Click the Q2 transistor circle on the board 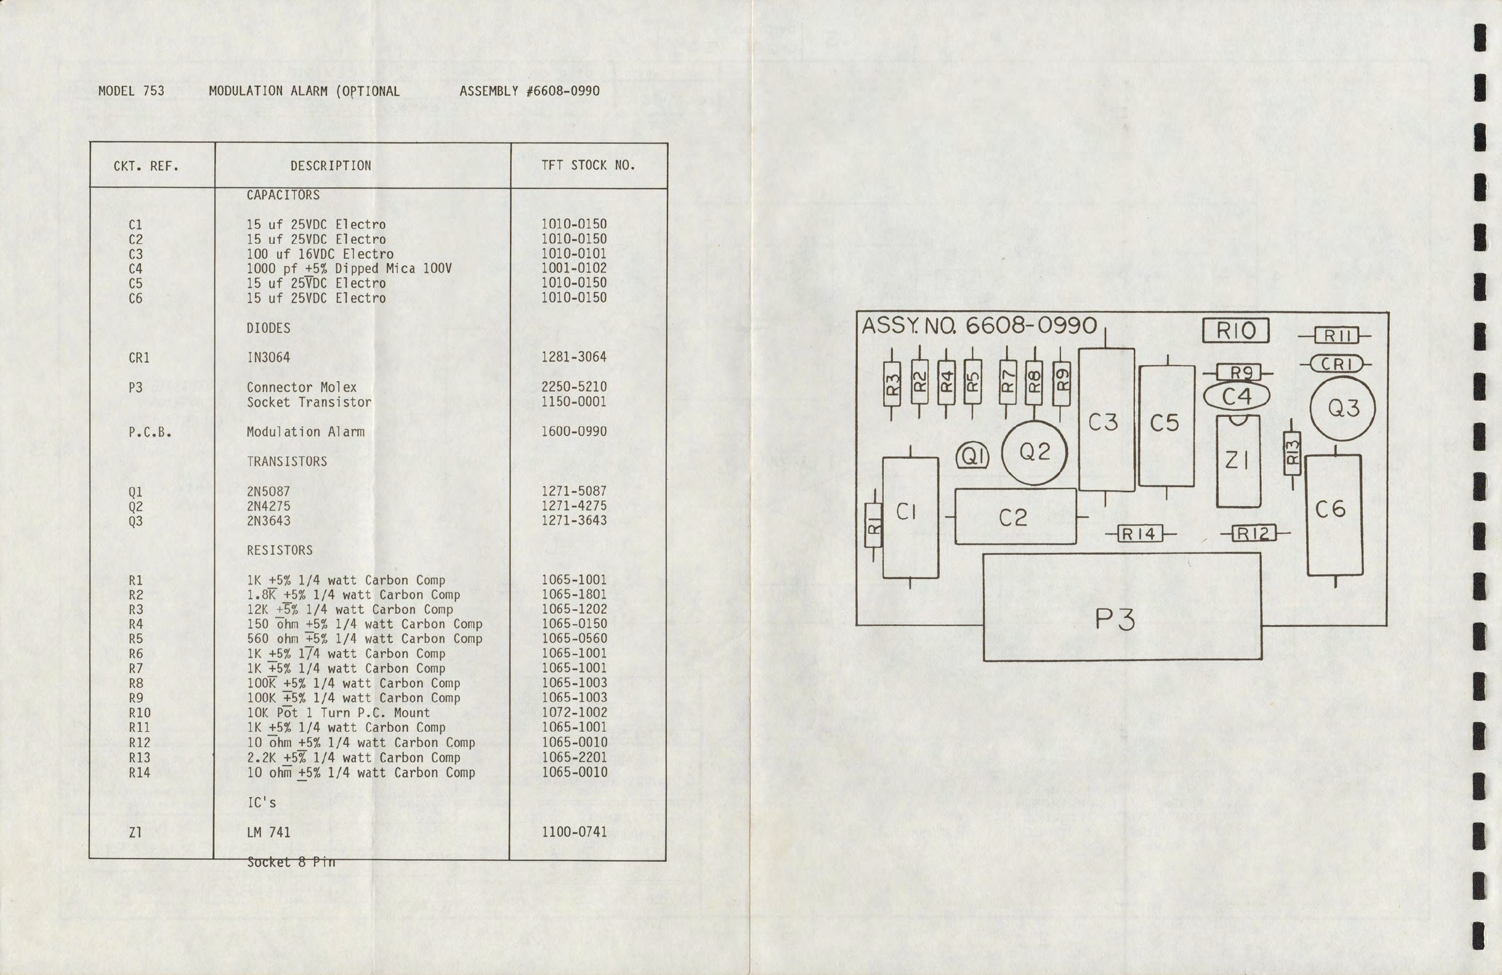pyautogui.click(x=1035, y=453)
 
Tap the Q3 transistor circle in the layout pyautogui.click(x=1343, y=408)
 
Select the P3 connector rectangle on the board pyautogui.click(x=1122, y=607)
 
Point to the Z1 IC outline pyautogui.click(x=1238, y=461)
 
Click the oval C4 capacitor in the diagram pyautogui.click(x=1237, y=397)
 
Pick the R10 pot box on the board pyautogui.click(x=1236, y=331)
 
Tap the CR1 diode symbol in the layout pyautogui.click(x=1336, y=364)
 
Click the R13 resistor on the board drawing pyautogui.click(x=1292, y=453)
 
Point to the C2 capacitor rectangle pyautogui.click(x=1015, y=517)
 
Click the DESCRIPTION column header pyautogui.click(x=331, y=166)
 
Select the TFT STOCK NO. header pyautogui.click(x=587, y=165)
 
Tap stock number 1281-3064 pyautogui.click(x=574, y=357)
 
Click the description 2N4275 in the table pyautogui.click(x=269, y=506)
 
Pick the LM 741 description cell pyautogui.click(x=269, y=832)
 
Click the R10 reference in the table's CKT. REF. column pyautogui.click(x=139, y=713)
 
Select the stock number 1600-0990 pyautogui.click(x=574, y=432)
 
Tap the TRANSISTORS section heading pyautogui.click(x=287, y=462)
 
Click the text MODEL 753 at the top pyautogui.click(x=131, y=91)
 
